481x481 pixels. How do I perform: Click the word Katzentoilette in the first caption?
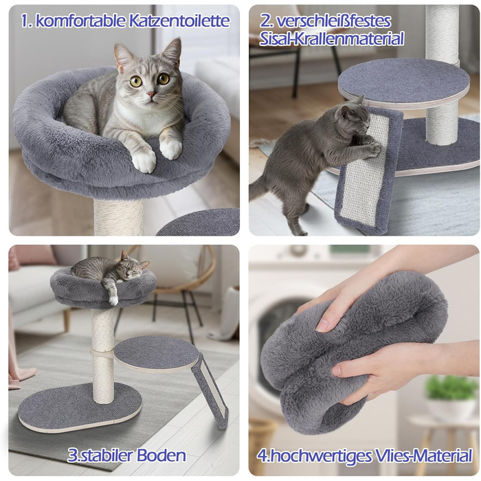click(179, 21)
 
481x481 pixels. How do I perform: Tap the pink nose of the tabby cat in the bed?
click(151, 95)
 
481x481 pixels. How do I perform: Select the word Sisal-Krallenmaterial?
click(331, 39)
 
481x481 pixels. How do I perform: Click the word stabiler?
click(105, 455)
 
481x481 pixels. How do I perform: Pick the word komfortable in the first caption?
click(80, 21)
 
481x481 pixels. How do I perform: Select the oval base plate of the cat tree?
click(80, 407)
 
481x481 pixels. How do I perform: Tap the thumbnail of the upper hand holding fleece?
click(322, 325)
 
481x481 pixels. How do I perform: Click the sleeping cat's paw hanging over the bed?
click(113, 299)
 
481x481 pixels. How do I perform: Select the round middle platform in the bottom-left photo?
click(157, 353)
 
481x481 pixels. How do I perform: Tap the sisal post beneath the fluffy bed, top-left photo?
click(118, 217)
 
